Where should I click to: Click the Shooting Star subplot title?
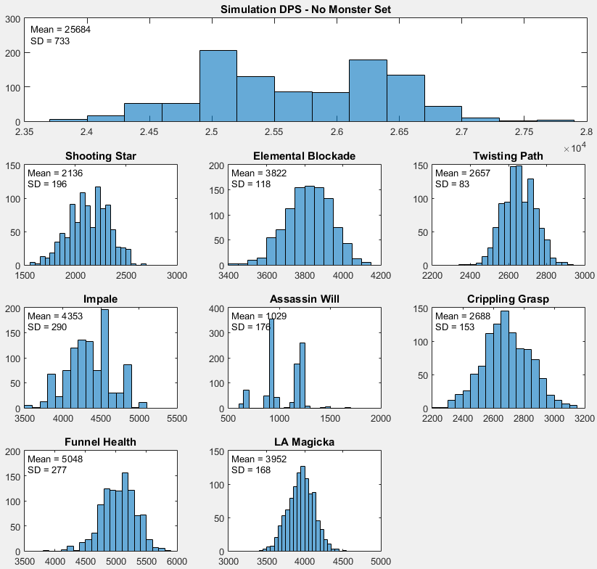(x=100, y=156)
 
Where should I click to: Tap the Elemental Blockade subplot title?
(x=304, y=156)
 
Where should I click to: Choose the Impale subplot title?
(x=100, y=299)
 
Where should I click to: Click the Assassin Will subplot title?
(x=304, y=299)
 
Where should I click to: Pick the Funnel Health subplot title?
(x=100, y=442)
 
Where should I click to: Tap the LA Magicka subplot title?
(x=304, y=442)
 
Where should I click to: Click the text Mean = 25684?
(x=60, y=29)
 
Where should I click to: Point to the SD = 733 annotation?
(x=49, y=41)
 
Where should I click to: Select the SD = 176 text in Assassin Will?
(x=251, y=327)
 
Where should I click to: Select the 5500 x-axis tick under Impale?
(x=177, y=418)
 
